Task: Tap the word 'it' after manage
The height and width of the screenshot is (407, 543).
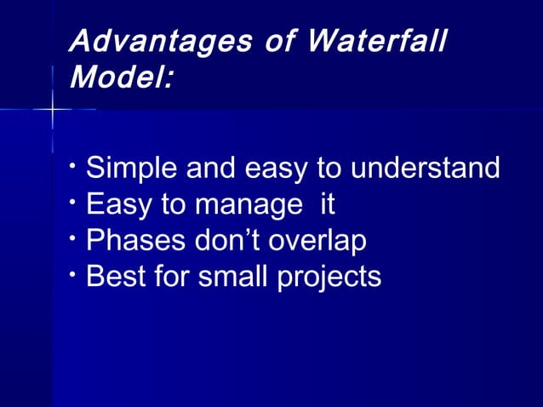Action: click(x=327, y=204)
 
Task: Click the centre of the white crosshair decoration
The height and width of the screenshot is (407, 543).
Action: click(x=52, y=110)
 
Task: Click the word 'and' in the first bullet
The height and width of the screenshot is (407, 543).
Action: click(x=212, y=169)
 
